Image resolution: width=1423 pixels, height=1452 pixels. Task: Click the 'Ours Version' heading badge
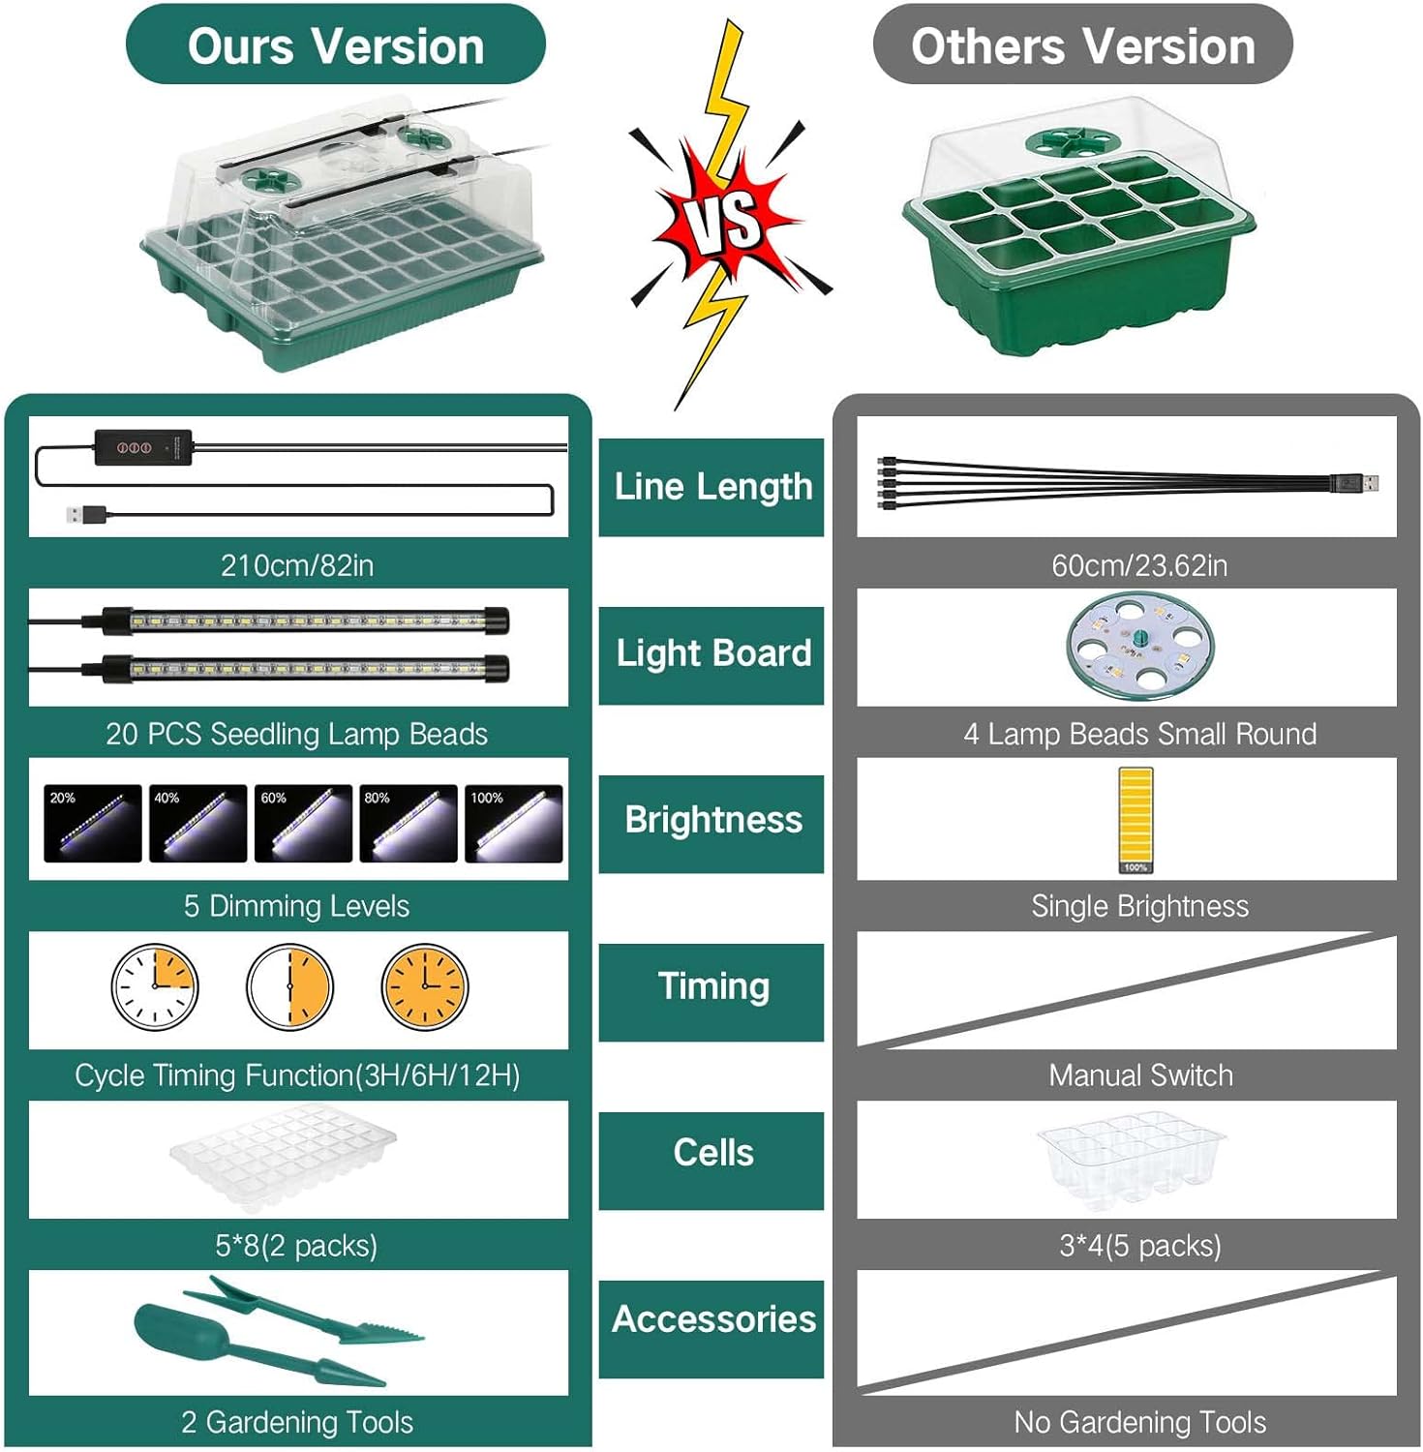(x=336, y=45)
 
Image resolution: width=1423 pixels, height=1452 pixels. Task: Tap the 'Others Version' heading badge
(x=1082, y=45)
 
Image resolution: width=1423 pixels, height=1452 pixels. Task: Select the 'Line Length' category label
(x=711, y=487)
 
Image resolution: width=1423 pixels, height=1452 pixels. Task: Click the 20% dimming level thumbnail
(x=93, y=824)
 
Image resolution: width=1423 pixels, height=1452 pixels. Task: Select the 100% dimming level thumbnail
(x=514, y=824)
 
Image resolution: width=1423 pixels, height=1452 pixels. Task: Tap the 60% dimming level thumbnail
(x=303, y=824)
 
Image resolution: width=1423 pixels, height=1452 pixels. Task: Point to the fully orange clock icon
(x=425, y=987)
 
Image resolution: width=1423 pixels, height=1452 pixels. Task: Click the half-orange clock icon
(x=289, y=987)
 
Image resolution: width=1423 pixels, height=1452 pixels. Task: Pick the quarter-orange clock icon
(x=155, y=987)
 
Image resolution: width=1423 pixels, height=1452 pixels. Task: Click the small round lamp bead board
(x=1140, y=646)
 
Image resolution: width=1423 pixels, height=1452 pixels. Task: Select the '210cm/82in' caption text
(x=297, y=565)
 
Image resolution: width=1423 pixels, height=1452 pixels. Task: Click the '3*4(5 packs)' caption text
(x=1140, y=1246)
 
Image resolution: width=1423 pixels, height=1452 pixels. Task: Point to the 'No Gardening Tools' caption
(x=1140, y=1422)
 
